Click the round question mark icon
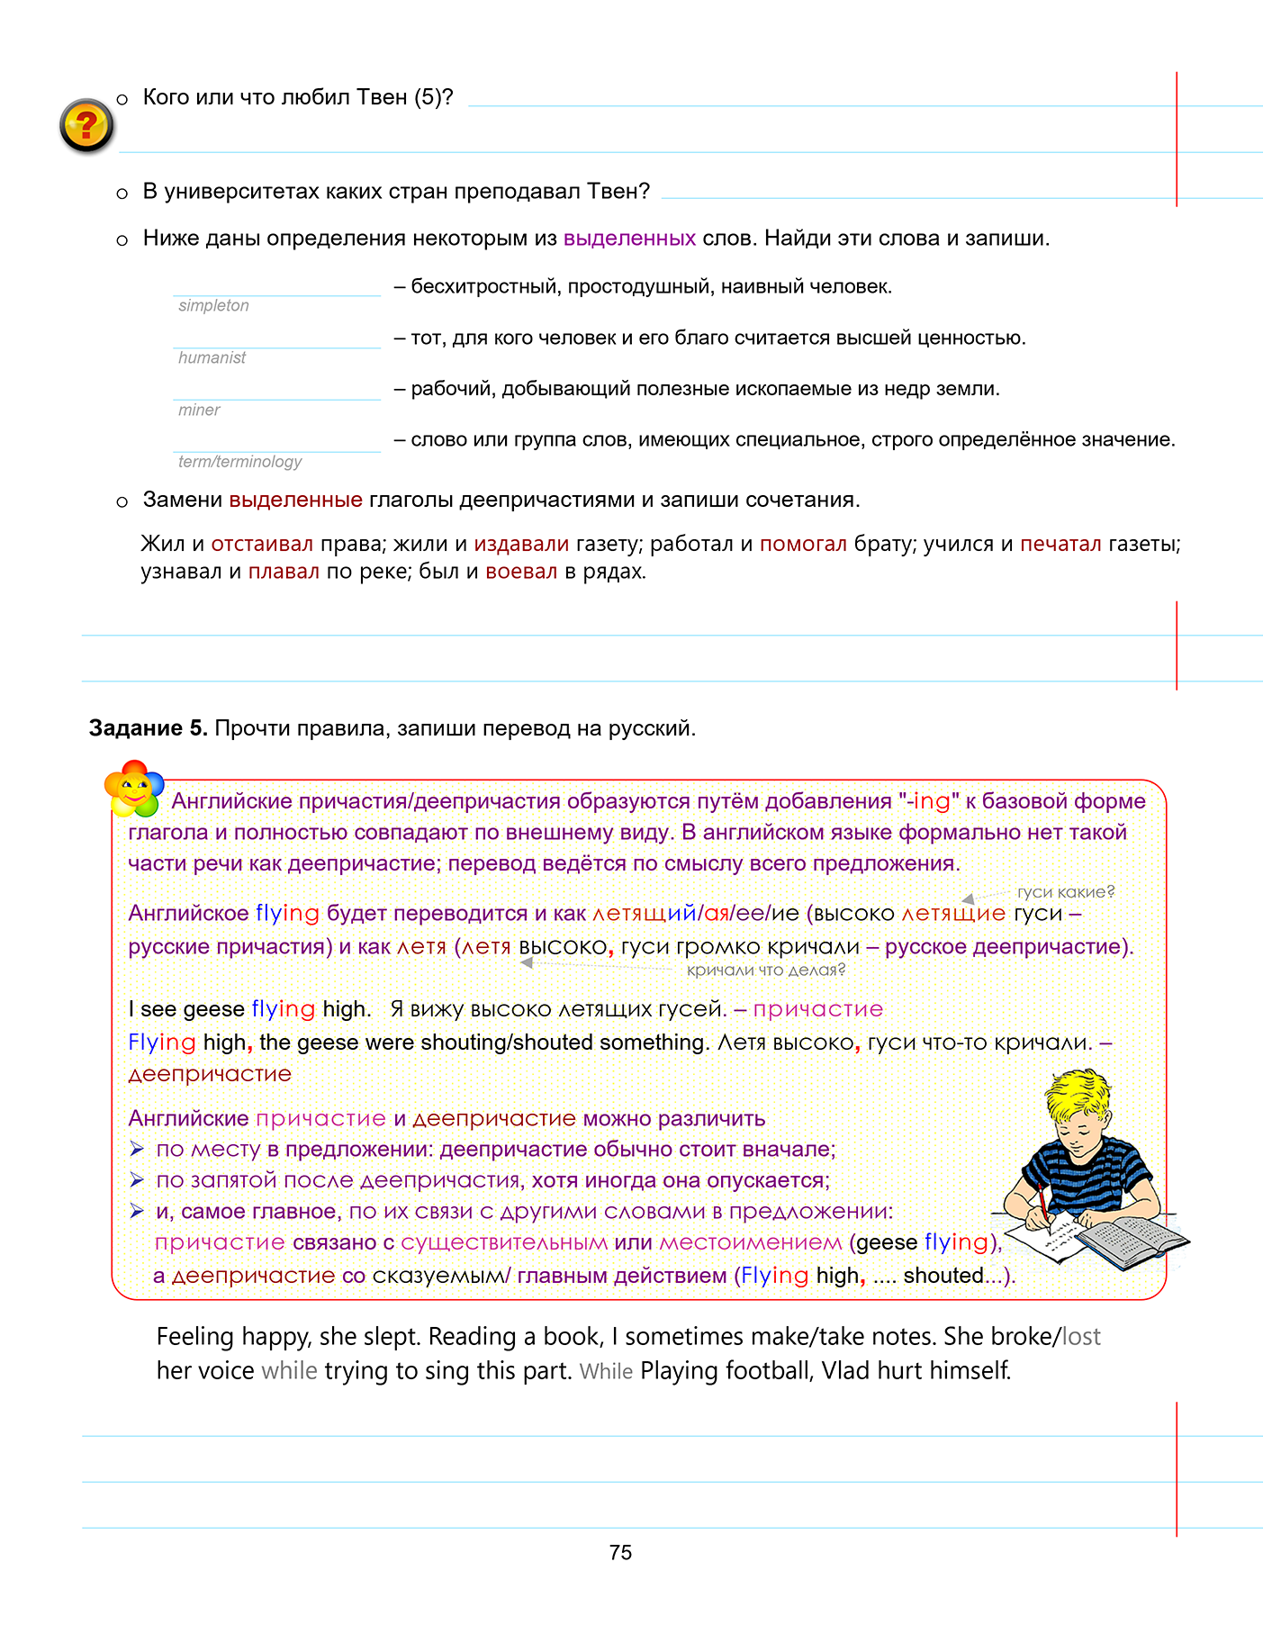click(x=86, y=125)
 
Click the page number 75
click(x=620, y=1552)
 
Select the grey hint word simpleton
click(x=213, y=305)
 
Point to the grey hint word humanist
click(x=212, y=357)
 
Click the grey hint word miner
click(x=199, y=410)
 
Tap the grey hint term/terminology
click(x=239, y=462)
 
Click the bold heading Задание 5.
click(x=148, y=728)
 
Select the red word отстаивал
click(x=262, y=544)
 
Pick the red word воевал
click(x=521, y=572)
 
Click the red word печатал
click(x=1060, y=544)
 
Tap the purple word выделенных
click(x=629, y=239)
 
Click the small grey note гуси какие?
click(x=1065, y=892)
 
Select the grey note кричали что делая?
click(x=766, y=970)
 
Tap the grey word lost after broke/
click(x=1081, y=1336)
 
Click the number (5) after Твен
click(x=428, y=97)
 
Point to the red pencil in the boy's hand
click(x=1042, y=1204)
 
